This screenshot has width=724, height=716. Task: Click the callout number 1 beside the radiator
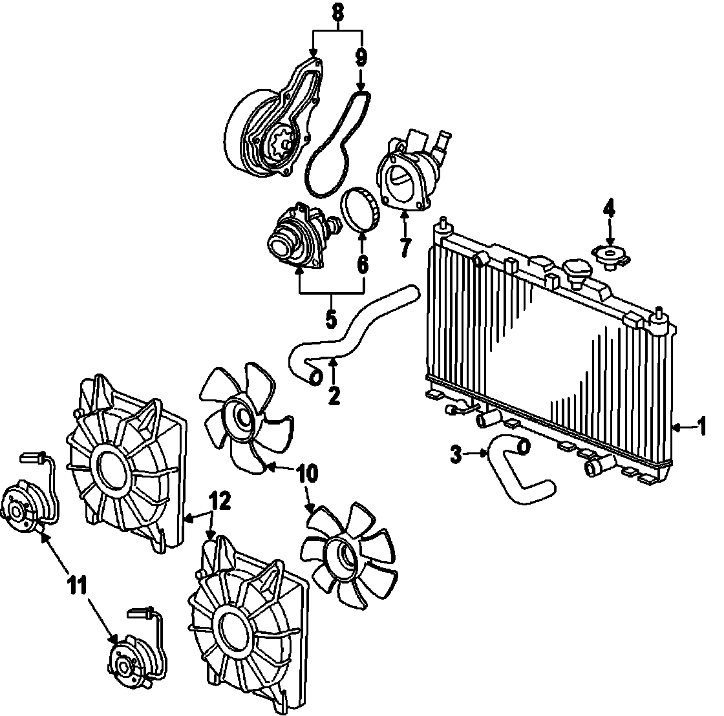pos(701,426)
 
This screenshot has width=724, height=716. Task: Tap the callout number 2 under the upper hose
pos(334,394)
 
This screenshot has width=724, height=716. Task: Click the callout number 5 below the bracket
pos(331,318)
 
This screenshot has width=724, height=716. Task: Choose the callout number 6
pos(362,264)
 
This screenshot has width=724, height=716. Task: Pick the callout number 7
pos(405,246)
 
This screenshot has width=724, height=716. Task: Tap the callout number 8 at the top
pos(337,12)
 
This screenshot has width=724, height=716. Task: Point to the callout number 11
pos(76,585)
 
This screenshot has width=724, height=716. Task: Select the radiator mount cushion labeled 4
pos(608,257)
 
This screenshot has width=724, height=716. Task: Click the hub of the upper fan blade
pos(244,418)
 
